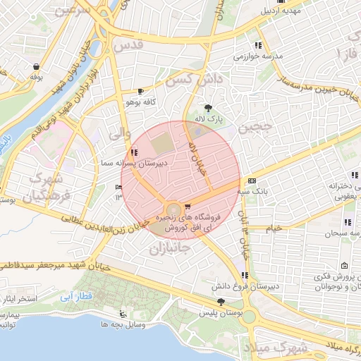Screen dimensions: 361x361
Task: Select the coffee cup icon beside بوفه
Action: (35, 66)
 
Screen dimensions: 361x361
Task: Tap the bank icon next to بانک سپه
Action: (252, 180)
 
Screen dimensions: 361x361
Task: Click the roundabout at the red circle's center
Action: (173, 209)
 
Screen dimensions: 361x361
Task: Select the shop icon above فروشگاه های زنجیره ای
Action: (186, 207)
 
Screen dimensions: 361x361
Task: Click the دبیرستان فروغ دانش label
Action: (239, 288)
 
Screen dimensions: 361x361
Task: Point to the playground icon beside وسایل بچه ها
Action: (124, 314)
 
